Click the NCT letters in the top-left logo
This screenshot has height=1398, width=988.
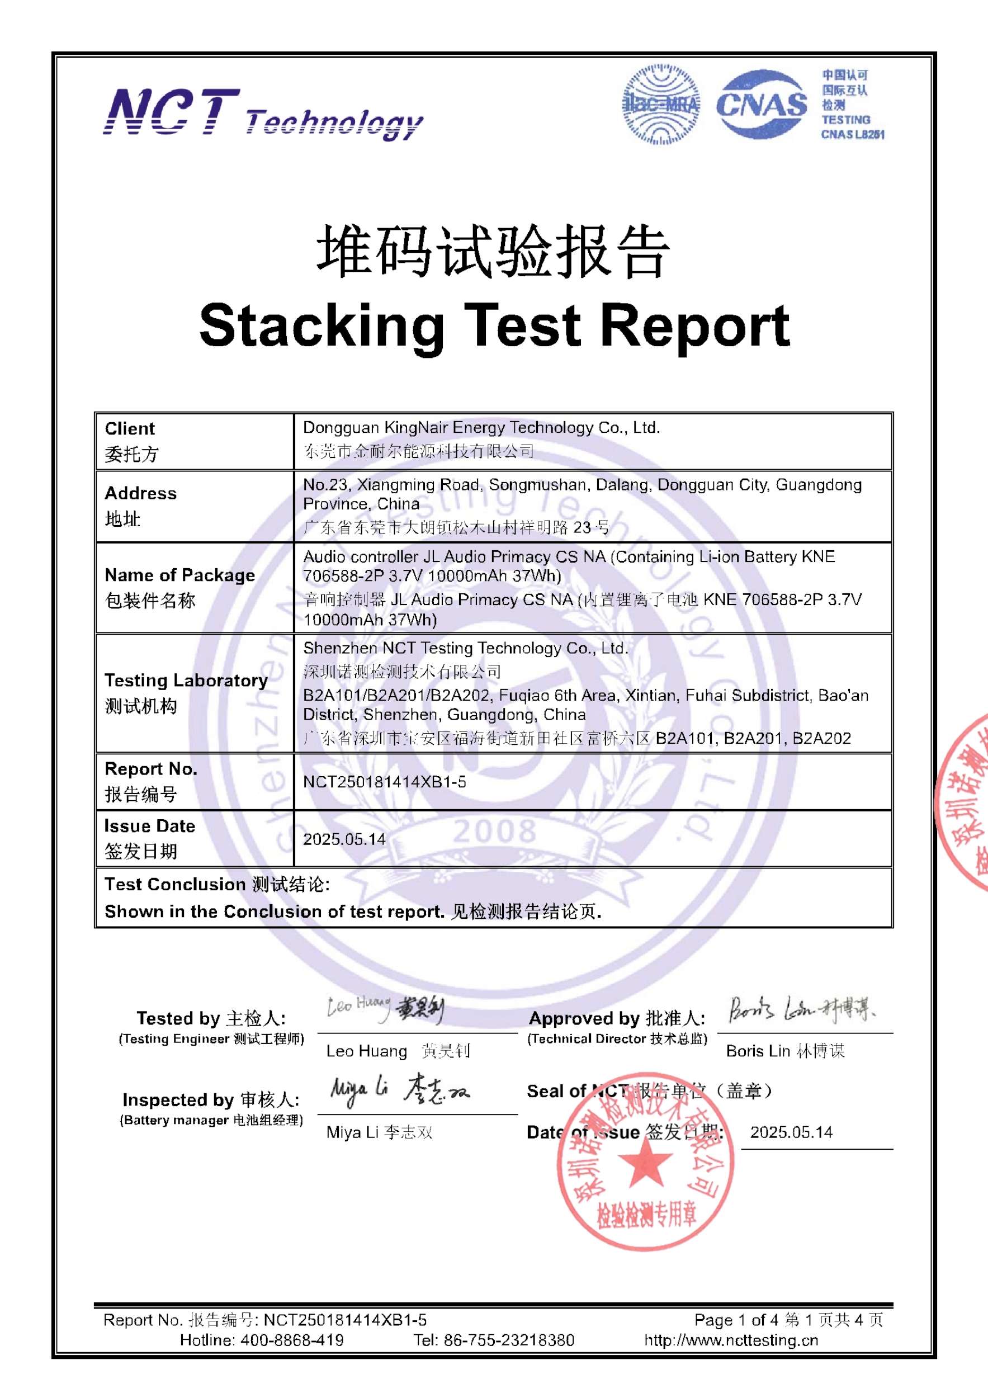[171, 112]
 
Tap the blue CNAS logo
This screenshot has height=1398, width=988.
[761, 105]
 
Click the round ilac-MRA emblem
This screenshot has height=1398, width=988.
[660, 105]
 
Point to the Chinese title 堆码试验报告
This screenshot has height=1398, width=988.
[493, 252]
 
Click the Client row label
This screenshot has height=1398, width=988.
[130, 429]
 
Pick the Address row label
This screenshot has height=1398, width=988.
[140, 493]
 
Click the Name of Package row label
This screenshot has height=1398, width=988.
[179, 575]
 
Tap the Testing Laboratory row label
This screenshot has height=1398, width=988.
[186, 680]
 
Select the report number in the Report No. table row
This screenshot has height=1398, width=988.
[385, 782]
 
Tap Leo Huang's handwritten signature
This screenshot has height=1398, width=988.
[385, 1009]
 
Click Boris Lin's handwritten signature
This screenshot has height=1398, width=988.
[802, 1010]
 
